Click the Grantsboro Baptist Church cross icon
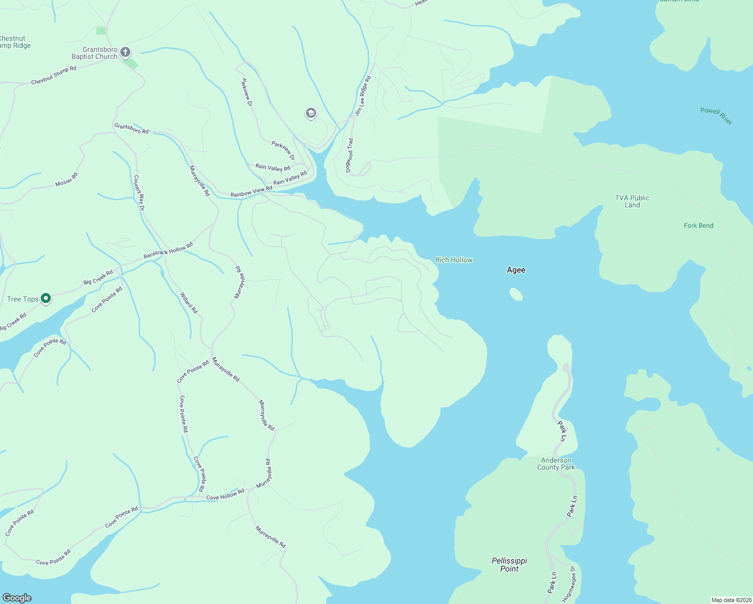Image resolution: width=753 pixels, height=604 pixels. coord(125,52)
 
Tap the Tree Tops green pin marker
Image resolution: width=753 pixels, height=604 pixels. coord(46,298)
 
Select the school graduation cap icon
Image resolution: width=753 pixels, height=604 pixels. coord(311,113)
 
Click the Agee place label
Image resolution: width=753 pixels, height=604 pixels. coord(516,270)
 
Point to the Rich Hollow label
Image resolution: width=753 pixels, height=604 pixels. coord(454,260)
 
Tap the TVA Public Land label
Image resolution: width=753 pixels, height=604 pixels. coord(632,201)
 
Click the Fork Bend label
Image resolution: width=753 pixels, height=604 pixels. coord(699,225)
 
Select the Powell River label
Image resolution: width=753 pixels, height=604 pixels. coord(716,116)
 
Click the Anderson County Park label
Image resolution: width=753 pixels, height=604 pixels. coord(556,464)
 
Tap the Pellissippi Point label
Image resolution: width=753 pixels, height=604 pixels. coord(509,565)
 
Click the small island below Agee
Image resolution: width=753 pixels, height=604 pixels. coord(516,294)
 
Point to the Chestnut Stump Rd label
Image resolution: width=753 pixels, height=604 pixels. coord(54,75)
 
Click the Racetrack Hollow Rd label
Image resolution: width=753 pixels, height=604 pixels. coord(168,251)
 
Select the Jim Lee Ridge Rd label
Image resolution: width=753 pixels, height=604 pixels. coord(363,96)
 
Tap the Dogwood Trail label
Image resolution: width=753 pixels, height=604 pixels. coord(349,156)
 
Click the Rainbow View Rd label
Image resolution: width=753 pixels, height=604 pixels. coord(251,192)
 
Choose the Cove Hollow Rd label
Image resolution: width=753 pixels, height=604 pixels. coord(225,494)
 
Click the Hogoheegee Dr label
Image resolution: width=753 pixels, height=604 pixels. coord(572,584)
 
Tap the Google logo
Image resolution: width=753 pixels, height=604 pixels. coord(17,598)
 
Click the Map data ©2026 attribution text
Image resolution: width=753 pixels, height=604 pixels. coord(731,600)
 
